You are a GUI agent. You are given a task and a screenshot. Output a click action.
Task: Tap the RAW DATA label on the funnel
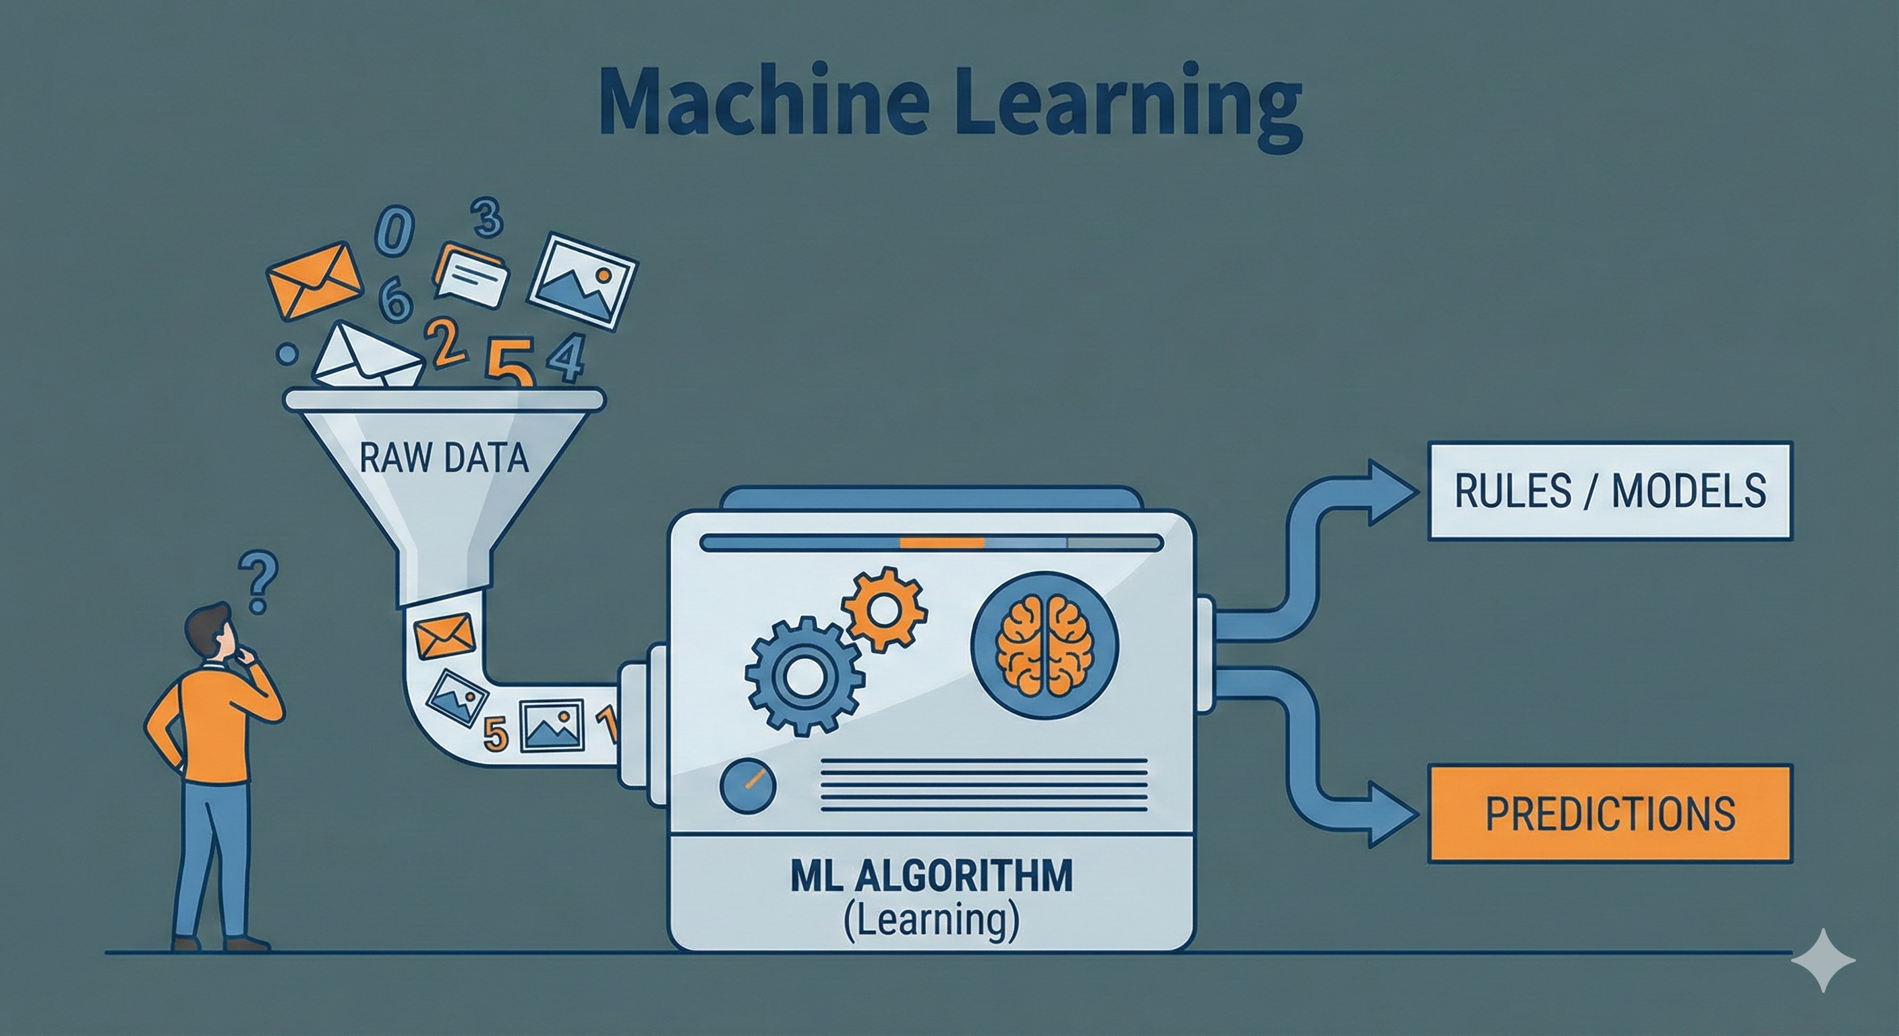pos(444,459)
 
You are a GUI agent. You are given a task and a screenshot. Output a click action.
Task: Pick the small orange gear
pos(885,609)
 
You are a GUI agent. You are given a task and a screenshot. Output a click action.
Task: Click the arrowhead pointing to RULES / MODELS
pos(1389,492)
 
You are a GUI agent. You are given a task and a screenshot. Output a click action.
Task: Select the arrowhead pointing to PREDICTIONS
pos(1389,814)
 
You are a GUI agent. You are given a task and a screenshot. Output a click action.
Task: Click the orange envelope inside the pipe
pos(444,638)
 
